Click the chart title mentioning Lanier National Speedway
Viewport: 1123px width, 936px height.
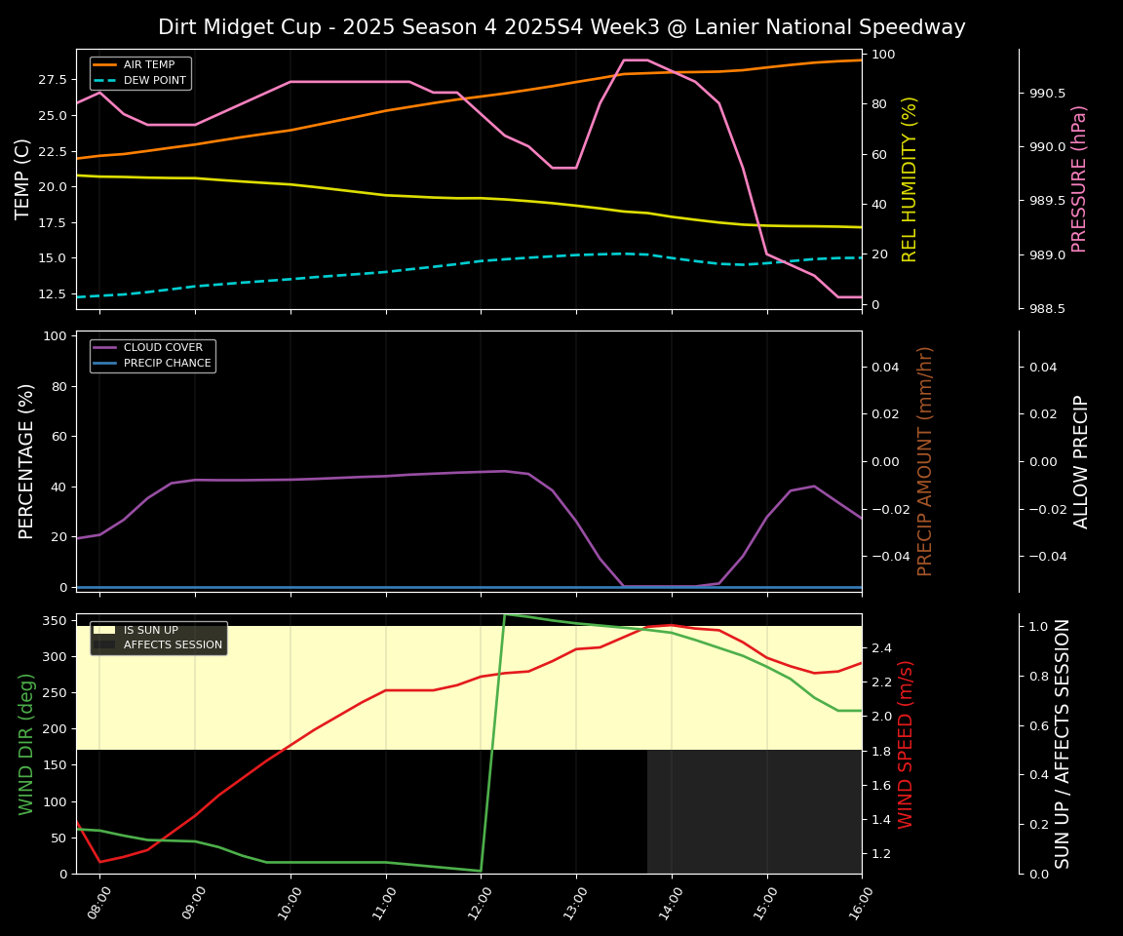pyautogui.click(x=561, y=27)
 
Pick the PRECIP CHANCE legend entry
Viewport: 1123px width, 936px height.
pyautogui.click(x=167, y=363)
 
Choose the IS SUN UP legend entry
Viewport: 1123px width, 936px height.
pyautogui.click(x=150, y=631)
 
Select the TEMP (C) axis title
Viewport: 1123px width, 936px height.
pyautogui.click(x=23, y=178)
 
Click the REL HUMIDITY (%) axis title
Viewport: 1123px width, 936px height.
pyautogui.click(x=910, y=178)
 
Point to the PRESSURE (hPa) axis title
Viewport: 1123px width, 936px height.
pyautogui.click(x=1079, y=178)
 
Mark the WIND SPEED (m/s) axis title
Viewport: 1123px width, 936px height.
pyautogui.click(x=906, y=743)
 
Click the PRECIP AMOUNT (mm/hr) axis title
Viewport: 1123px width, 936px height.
pyautogui.click(x=925, y=460)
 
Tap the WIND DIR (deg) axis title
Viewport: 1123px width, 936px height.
pyautogui.click(x=26, y=743)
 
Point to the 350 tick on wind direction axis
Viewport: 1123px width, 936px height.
pyautogui.click(x=55, y=621)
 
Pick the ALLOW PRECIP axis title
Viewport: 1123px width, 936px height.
pyautogui.click(x=1081, y=460)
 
